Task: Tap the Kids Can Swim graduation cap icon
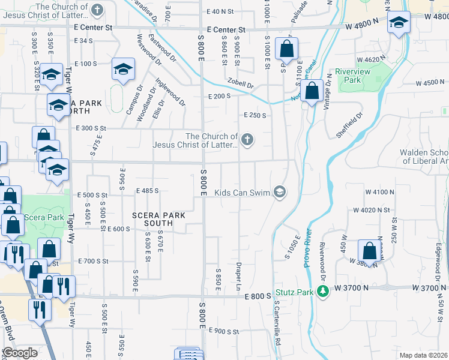(279, 192)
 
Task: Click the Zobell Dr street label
(241, 85)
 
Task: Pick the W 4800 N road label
(362, 27)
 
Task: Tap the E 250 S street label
(255, 115)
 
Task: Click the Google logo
(20, 353)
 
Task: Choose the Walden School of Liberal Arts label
(424, 157)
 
